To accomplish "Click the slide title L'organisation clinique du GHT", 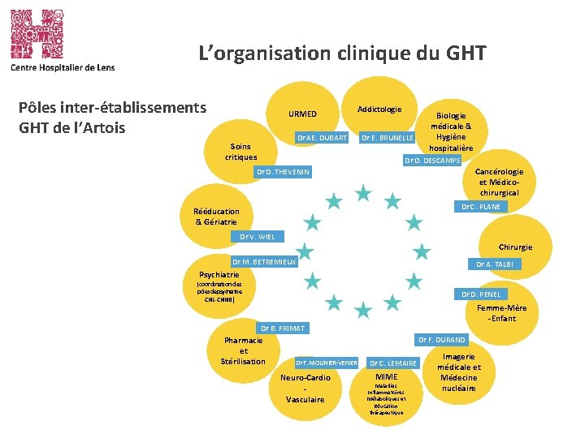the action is [x=343, y=54].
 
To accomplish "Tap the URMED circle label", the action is [x=302, y=114].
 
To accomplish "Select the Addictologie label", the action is [x=380, y=109].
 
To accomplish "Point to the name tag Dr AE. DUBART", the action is [x=323, y=138].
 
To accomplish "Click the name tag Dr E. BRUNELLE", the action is [x=388, y=138].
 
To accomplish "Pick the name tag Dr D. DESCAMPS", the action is [x=432, y=161].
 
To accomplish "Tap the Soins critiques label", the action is [x=241, y=152].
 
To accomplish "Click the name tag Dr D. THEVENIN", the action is [x=283, y=172].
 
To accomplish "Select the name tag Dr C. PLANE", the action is [x=481, y=208].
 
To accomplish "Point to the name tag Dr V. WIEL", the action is [x=258, y=237].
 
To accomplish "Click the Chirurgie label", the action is [x=515, y=247].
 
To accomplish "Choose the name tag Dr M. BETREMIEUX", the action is [x=264, y=262].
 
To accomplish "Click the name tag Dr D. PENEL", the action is [x=481, y=294].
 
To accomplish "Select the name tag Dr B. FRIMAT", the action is [x=282, y=328].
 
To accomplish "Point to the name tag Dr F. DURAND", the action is [x=441, y=340].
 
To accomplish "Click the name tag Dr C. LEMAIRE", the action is [x=393, y=363].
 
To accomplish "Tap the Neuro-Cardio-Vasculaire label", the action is [x=305, y=389].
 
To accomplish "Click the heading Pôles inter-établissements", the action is [x=112, y=108].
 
